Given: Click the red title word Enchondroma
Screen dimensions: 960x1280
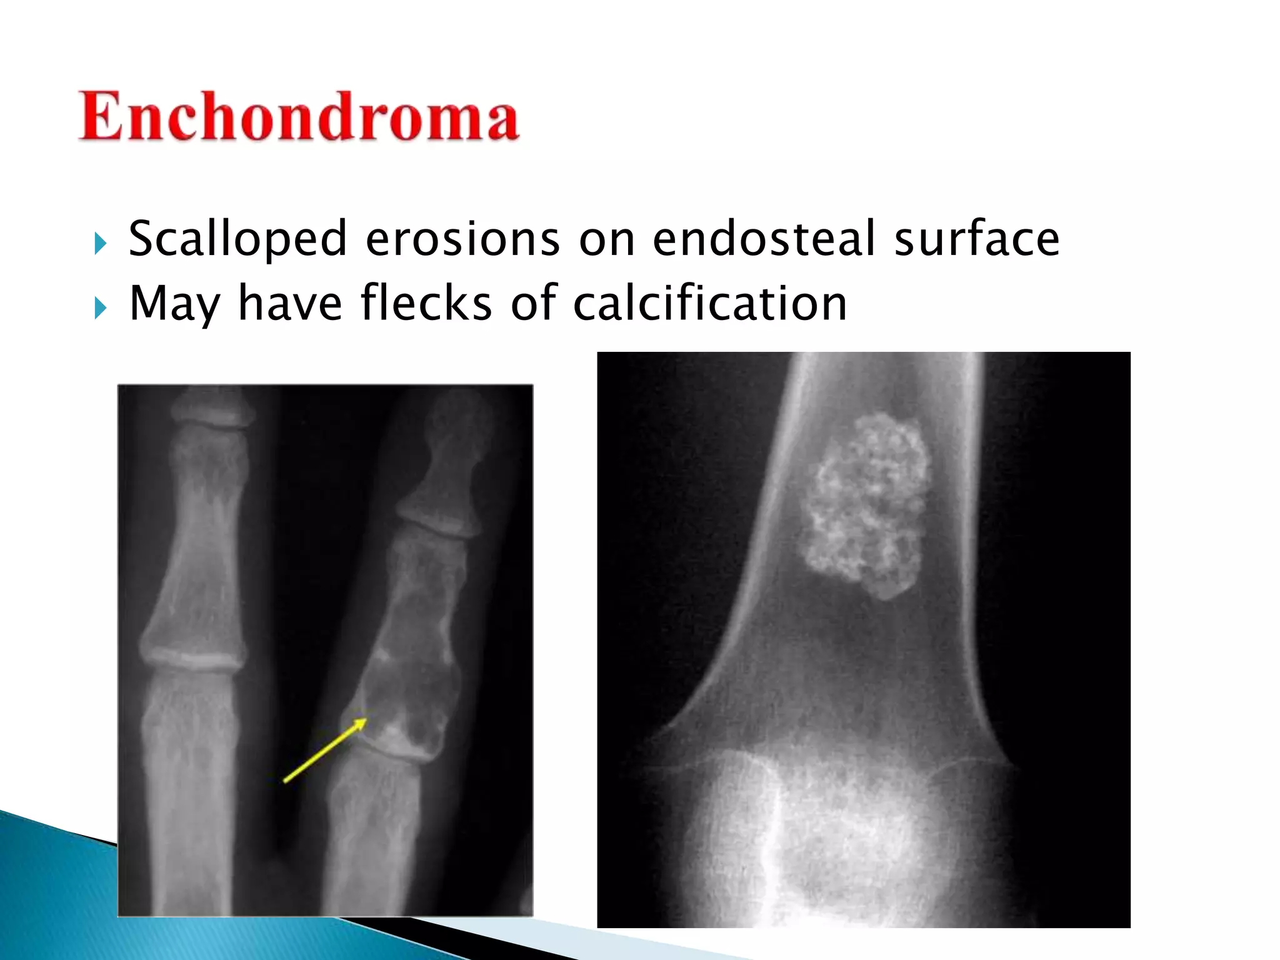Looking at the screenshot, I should [299, 117].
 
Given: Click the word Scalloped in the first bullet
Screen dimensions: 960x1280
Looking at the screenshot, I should [237, 239].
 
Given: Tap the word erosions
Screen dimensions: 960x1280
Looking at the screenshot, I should [462, 239].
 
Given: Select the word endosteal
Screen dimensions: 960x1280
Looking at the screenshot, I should [763, 239].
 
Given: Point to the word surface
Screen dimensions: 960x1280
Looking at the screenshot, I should [976, 239].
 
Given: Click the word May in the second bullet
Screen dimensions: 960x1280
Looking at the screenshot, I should [174, 304].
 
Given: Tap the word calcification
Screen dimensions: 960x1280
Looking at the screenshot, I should [709, 303].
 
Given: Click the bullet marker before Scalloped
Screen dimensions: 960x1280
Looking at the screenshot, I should [101, 244].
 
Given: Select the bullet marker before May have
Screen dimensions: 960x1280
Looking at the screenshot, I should [101, 308].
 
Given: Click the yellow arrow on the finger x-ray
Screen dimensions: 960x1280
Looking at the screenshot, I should [325, 750].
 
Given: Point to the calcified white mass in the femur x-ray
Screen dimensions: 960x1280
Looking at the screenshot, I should [866, 506].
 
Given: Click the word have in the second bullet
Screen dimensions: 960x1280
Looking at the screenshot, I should [290, 303].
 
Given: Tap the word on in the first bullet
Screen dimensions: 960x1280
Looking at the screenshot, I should [606, 240].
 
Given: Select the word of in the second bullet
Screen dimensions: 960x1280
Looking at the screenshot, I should [533, 303].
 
